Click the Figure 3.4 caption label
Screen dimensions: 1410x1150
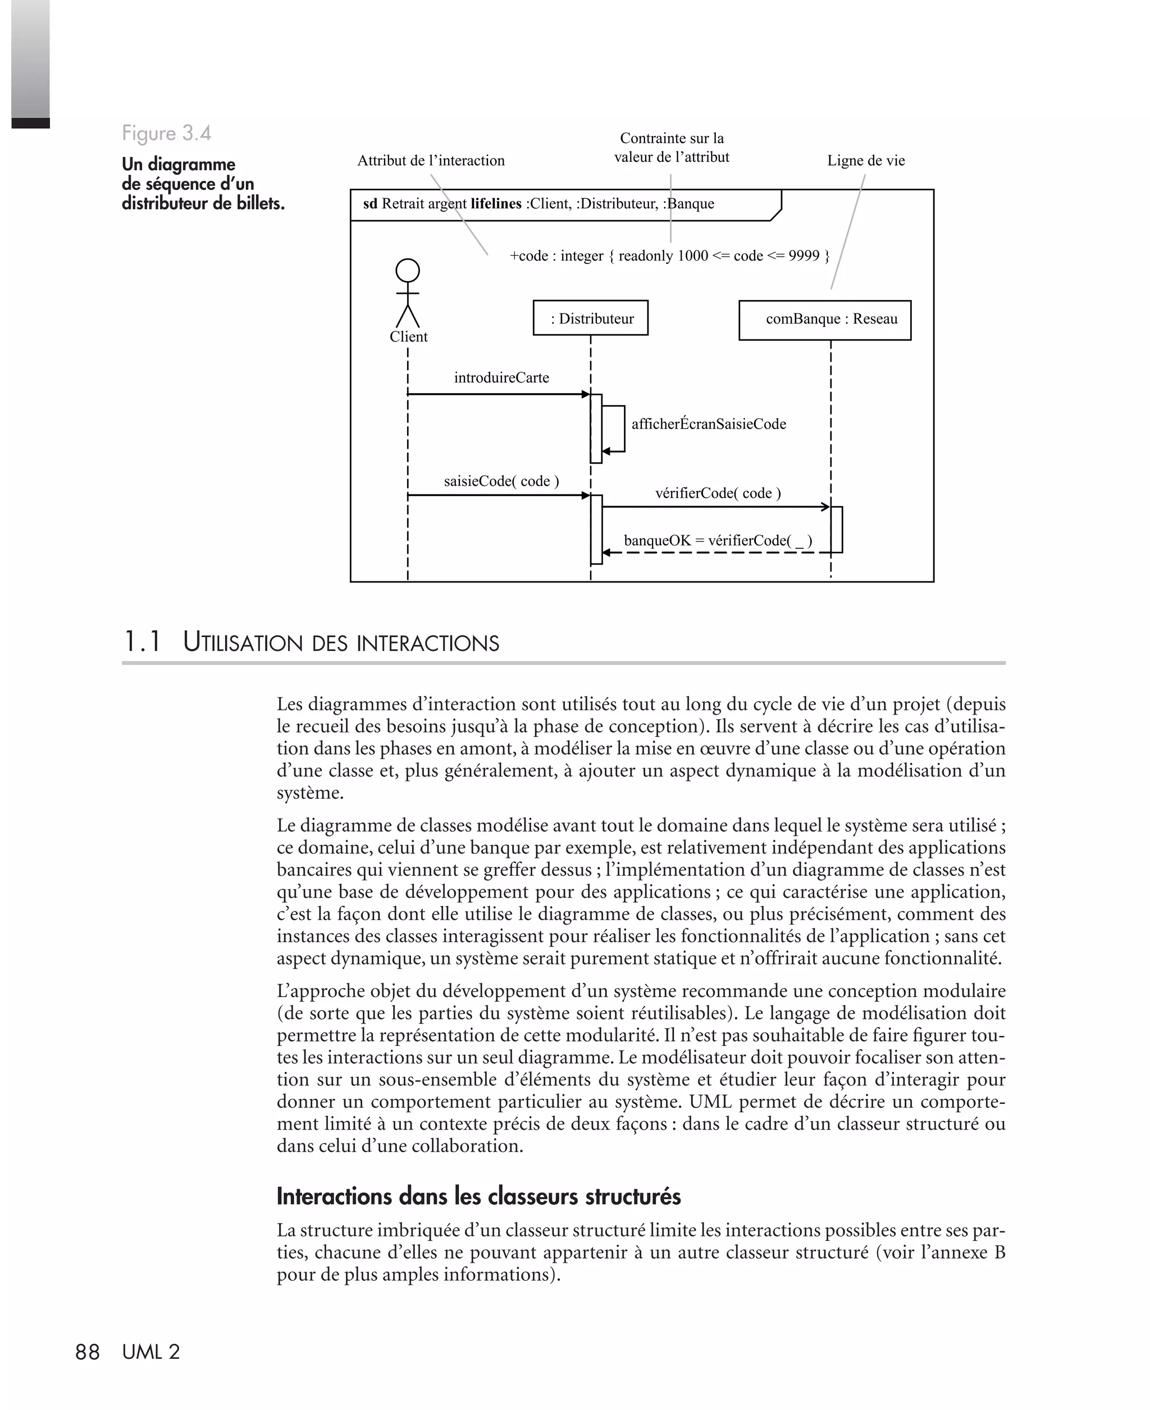click(x=166, y=133)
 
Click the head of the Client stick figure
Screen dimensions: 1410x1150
click(x=408, y=271)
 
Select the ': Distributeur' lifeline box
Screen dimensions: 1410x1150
click(x=590, y=318)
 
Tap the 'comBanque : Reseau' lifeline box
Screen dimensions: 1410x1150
click(x=824, y=320)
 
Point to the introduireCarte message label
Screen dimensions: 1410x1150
click(x=501, y=377)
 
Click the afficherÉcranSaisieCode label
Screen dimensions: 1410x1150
click(x=708, y=424)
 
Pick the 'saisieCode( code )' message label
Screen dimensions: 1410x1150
click(x=501, y=481)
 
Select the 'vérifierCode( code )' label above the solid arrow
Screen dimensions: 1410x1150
click(x=718, y=493)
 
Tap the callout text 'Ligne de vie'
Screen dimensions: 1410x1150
click(x=865, y=160)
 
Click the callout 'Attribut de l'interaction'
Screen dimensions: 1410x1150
click(x=431, y=160)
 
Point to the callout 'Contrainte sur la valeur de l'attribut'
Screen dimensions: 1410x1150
click(x=671, y=148)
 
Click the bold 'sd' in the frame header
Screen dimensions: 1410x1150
click(x=369, y=204)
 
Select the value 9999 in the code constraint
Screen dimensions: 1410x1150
click(x=804, y=256)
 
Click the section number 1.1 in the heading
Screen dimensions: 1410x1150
click(x=143, y=642)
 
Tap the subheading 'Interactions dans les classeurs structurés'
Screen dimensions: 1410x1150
click(x=478, y=1197)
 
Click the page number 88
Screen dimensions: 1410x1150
click(x=87, y=1352)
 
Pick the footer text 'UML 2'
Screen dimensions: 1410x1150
click(x=151, y=1352)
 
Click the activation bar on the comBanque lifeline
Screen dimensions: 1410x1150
click(x=837, y=529)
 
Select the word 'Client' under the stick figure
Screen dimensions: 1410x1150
click(x=408, y=336)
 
